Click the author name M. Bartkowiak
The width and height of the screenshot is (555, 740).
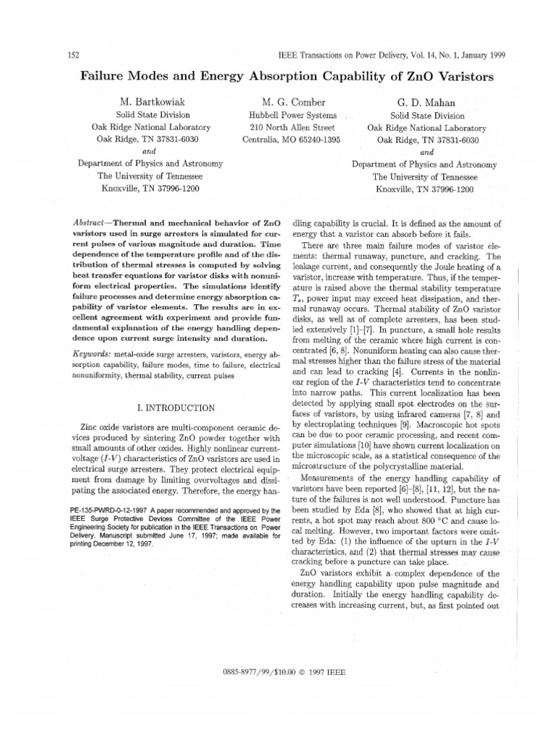coord(153,102)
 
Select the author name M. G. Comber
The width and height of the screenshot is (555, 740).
coord(288,102)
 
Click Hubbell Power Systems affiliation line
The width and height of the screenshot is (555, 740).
coord(288,115)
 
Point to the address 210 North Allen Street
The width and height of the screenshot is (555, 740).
coord(288,127)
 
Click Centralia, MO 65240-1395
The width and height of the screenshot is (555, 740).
coord(288,139)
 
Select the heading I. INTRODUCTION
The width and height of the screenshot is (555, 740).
coord(160,408)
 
